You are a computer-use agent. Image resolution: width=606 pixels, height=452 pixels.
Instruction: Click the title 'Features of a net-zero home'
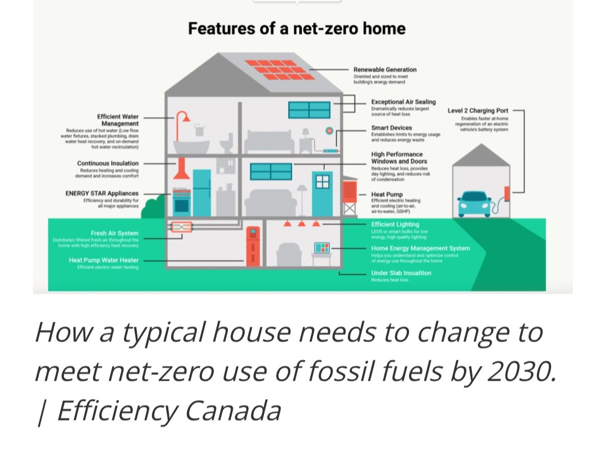tap(296, 29)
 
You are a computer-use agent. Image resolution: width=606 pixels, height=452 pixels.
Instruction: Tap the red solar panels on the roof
tap(279, 70)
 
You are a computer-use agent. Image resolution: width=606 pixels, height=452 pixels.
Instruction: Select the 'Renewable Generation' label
tap(385, 70)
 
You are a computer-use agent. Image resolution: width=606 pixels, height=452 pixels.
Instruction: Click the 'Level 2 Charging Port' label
tap(478, 111)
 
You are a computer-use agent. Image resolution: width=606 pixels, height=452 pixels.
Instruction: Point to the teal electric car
tap(474, 203)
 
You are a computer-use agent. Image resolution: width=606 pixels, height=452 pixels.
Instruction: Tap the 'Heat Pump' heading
tap(387, 194)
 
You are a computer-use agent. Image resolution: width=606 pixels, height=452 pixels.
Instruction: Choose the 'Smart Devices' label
tap(391, 128)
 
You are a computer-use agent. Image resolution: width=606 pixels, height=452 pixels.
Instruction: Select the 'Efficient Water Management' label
tap(118, 120)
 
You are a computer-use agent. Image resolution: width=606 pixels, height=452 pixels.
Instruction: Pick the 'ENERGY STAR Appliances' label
tap(102, 193)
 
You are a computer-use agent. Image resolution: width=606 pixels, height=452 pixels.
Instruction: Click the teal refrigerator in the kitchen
tap(201, 193)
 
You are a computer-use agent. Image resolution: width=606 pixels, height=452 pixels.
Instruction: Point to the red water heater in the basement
tap(253, 245)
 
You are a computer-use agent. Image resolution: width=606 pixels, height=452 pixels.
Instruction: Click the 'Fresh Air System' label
tap(114, 233)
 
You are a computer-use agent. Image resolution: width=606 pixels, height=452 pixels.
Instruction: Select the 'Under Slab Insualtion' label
tap(401, 273)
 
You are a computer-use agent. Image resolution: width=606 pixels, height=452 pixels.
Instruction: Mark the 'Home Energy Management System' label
tap(420, 248)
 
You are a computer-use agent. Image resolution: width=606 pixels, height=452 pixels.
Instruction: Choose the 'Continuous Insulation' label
tap(108, 163)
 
